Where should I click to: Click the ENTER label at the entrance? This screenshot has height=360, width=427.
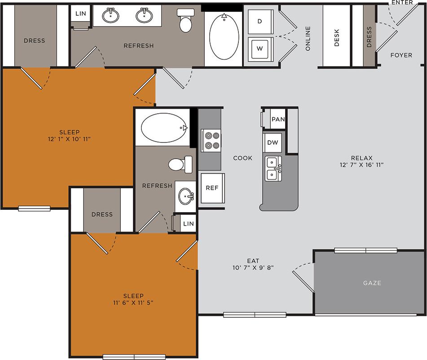coord(402,3)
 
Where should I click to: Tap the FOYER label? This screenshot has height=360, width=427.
coord(401,55)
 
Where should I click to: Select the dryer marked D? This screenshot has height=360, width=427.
coord(259,21)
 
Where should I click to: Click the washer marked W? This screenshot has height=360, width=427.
coord(259,48)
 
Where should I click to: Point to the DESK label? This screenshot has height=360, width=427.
coord(337,38)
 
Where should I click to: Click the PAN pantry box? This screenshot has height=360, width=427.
coord(278,120)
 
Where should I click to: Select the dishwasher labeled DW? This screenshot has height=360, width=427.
coord(273,143)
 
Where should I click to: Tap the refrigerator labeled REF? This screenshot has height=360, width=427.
coord(212,187)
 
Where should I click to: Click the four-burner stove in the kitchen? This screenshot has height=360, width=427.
coord(210,139)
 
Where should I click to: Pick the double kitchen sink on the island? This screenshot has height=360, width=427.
coord(273,169)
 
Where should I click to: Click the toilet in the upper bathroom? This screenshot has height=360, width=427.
coord(185,21)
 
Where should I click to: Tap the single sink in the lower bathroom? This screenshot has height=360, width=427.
coord(185,196)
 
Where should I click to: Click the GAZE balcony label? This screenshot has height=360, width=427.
coord(372,283)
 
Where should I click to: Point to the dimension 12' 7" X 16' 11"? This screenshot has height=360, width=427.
coord(361,164)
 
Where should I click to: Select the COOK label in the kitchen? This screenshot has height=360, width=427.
coord(242,158)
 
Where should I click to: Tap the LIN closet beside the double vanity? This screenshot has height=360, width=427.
coord(80,14)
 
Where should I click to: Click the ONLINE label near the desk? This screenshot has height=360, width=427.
coord(308,38)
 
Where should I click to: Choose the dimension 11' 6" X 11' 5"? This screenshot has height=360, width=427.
coord(133,303)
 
